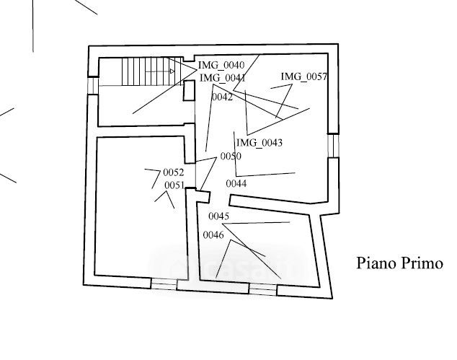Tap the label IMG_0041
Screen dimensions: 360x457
pyautogui.click(x=223, y=78)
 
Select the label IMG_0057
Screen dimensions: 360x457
pyautogui.click(x=304, y=76)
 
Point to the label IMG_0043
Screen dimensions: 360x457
pyautogui.click(x=259, y=143)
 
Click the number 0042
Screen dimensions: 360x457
pyautogui.click(x=222, y=97)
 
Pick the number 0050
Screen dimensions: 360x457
pyautogui.click(x=231, y=157)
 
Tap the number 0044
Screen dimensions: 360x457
pyautogui.click(x=236, y=184)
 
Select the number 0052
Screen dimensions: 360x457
pyautogui.click(x=174, y=172)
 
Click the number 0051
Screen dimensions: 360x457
pyautogui.click(x=174, y=185)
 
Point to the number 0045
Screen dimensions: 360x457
pyautogui.click(x=218, y=216)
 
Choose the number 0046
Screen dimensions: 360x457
pyautogui.click(x=213, y=234)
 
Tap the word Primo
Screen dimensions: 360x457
pyautogui.click(x=422, y=263)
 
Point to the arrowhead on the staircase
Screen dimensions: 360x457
pyautogui.click(x=173, y=71)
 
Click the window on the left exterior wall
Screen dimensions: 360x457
pyautogui.click(x=92, y=85)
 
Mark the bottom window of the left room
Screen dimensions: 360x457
pyautogui.click(x=164, y=284)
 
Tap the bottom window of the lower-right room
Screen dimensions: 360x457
pyautogui.click(x=262, y=289)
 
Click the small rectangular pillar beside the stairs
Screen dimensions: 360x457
pyautogui.click(x=189, y=91)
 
